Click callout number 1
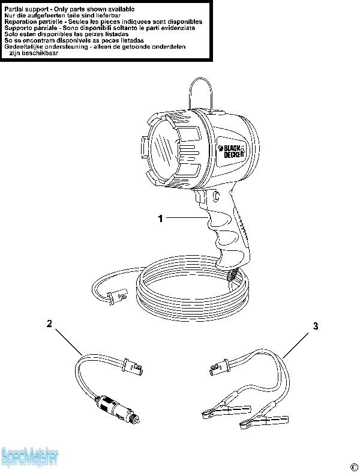pos(160,218)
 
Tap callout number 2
pos(49,324)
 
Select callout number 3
pos(316,326)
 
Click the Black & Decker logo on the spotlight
pos(232,151)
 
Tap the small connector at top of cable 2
pos(132,366)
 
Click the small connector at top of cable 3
pos(219,367)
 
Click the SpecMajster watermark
pos(29,457)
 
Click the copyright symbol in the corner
pos(353,467)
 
